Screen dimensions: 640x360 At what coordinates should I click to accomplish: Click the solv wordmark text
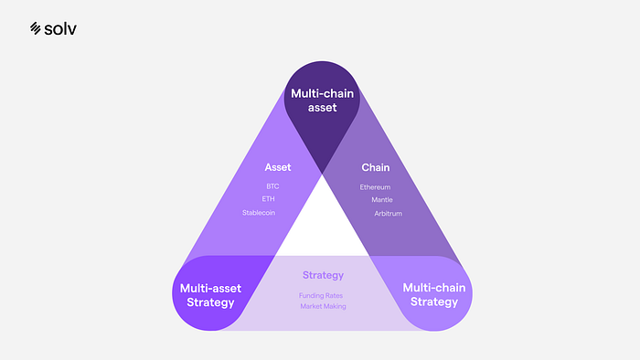[x=60, y=29]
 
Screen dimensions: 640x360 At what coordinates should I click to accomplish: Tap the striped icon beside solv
[x=36, y=28]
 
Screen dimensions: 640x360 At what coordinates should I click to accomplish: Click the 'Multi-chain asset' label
[x=323, y=101]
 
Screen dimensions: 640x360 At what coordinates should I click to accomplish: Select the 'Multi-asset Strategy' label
[x=210, y=295]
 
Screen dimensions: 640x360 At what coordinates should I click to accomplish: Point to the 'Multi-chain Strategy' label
[x=434, y=294]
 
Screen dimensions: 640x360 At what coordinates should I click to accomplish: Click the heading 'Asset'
[x=278, y=167]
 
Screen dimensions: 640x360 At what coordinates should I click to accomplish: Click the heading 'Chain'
[x=376, y=167]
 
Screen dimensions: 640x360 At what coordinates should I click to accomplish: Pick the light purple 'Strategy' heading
[x=324, y=276]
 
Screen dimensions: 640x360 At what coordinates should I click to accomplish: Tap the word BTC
[x=272, y=186]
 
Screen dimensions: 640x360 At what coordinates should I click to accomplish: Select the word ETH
[x=268, y=199]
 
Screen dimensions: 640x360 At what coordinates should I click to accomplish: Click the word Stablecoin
[x=259, y=213]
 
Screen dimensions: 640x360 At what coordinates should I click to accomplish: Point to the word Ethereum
[x=375, y=187]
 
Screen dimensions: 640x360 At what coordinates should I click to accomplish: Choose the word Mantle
[x=382, y=200]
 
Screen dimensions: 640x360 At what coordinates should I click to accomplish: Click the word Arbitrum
[x=389, y=214]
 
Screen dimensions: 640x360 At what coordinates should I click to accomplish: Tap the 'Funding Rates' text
[x=321, y=295]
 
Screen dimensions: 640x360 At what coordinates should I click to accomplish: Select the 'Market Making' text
[x=324, y=307]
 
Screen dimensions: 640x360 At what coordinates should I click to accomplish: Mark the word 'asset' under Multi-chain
[x=323, y=108]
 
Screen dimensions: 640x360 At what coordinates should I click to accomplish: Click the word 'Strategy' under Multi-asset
[x=210, y=303]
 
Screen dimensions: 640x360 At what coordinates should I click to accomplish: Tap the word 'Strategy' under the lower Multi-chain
[x=434, y=302]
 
